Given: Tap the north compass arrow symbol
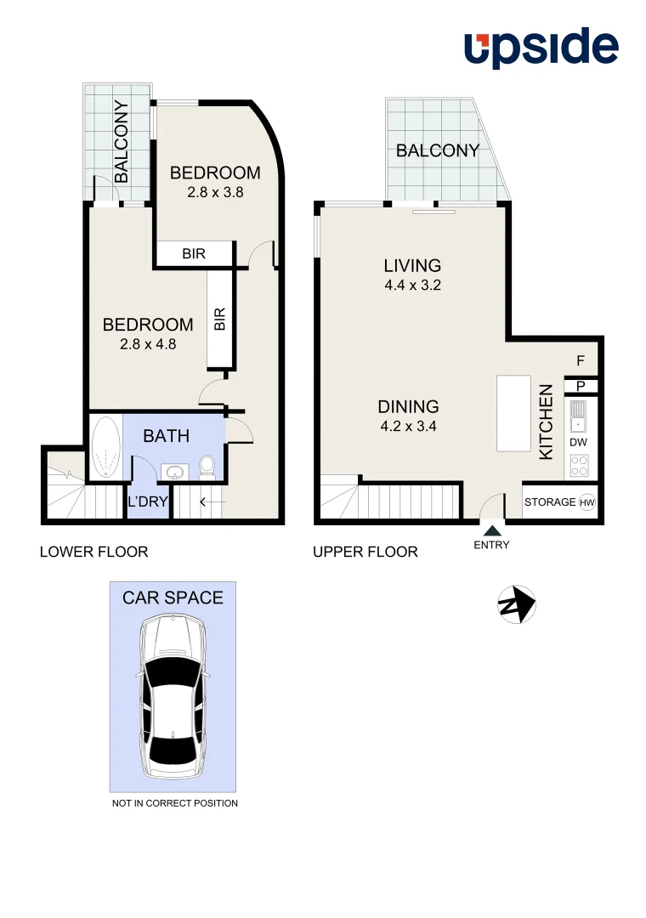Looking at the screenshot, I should tap(516, 604).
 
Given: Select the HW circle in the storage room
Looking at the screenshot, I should tap(586, 502).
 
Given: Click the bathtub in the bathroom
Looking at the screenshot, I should tap(105, 448).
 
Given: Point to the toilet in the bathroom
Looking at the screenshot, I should tap(207, 467).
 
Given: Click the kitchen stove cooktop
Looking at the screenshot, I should tap(579, 466).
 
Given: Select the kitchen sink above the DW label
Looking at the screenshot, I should tap(579, 417).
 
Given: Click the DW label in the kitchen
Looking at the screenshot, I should tap(579, 443).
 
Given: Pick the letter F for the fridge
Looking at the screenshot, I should tap(581, 361).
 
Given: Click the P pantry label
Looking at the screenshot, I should tap(581, 386).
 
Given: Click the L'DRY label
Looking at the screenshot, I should tap(148, 502).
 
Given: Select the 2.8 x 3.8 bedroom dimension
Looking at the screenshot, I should tap(215, 192).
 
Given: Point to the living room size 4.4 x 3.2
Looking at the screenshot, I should tap(412, 286).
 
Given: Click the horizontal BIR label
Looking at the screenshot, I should tap(193, 253).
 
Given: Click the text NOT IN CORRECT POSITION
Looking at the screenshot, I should tap(174, 803).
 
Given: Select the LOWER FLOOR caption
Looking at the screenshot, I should tap(93, 552).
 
